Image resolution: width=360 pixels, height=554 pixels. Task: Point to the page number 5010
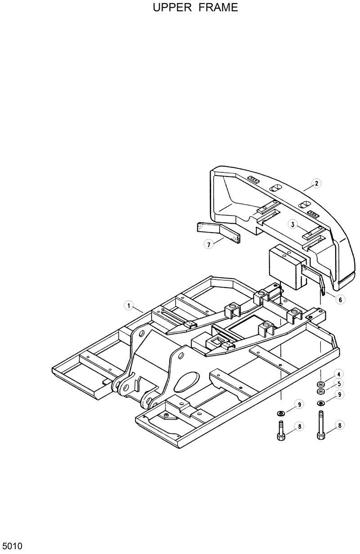pyautogui.click(x=11, y=547)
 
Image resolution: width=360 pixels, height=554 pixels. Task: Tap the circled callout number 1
pyautogui.click(x=129, y=306)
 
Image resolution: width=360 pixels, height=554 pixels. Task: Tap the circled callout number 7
pyautogui.click(x=208, y=245)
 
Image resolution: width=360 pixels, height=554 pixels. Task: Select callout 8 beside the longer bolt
pyautogui.click(x=341, y=424)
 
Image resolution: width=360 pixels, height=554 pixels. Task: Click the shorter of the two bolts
pyautogui.click(x=280, y=431)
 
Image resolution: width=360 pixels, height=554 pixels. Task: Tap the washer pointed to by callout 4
pyautogui.click(x=321, y=384)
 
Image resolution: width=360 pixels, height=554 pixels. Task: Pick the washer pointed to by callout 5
pyautogui.click(x=321, y=391)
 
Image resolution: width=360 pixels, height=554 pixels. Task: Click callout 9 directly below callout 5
pyautogui.click(x=341, y=395)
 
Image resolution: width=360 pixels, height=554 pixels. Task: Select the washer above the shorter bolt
pyautogui.click(x=280, y=413)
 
